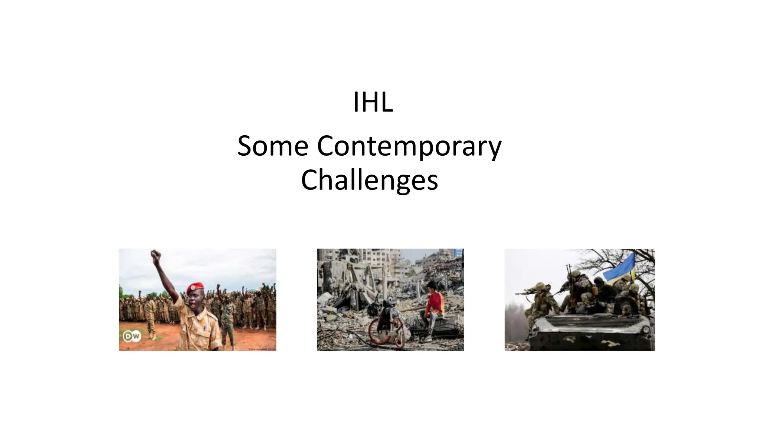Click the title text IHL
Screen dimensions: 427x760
click(x=373, y=103)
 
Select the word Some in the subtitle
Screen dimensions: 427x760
click(x=272, y=146)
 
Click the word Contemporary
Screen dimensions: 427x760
click(x=409, y=147)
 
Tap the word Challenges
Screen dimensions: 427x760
click(x=369, y=180)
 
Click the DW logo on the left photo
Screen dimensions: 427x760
click(x=132, y=337)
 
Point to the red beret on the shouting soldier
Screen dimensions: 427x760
click(x=195, y=287)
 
